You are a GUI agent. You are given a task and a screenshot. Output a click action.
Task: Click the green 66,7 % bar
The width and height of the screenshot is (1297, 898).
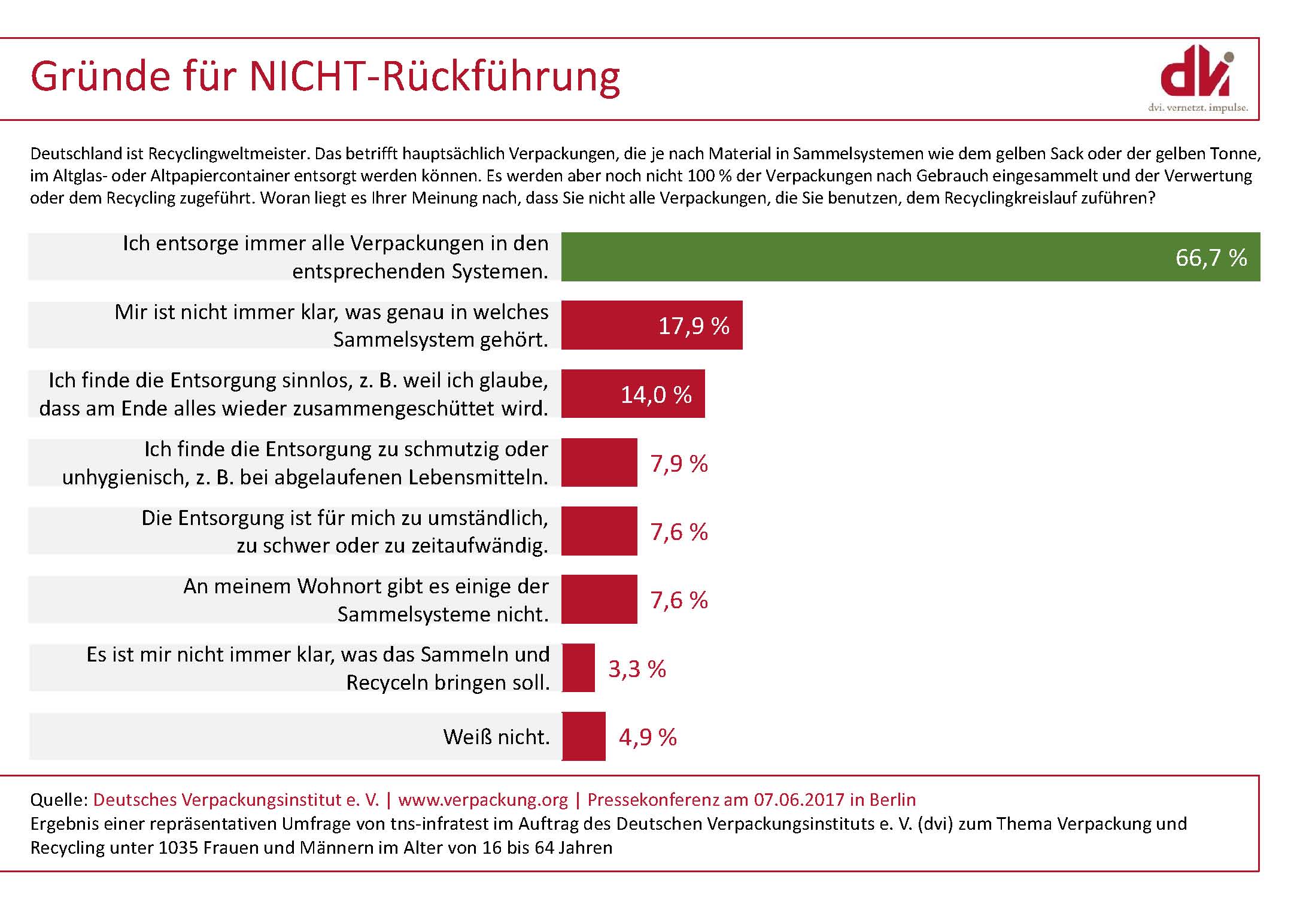coord(910,257)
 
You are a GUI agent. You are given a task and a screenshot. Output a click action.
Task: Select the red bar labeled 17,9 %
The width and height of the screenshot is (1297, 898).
coord(651,325)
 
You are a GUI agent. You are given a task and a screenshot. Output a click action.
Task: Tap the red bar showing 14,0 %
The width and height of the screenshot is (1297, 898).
coord(633,394)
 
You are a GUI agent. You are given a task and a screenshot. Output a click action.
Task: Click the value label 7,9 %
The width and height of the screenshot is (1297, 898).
coord(679,463)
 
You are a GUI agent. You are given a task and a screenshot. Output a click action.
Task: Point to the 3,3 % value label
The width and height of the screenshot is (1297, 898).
coord(637,669)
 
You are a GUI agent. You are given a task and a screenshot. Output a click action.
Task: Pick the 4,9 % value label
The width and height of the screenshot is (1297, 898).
coord(648,737)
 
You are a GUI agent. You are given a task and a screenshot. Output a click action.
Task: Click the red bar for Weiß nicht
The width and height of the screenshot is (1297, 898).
coord(584,736)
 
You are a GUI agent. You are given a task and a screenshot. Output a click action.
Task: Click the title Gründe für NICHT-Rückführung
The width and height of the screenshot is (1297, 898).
coord(325,77)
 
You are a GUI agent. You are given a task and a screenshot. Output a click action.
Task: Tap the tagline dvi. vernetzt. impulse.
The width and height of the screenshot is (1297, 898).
coord(1198,108)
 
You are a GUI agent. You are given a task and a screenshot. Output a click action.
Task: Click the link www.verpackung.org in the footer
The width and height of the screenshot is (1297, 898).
coord(483,800)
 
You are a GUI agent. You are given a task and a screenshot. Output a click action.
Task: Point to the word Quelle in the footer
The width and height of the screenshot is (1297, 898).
coord(59,800)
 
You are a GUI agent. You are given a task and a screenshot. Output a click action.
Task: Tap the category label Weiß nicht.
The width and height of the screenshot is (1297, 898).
coord(496,736)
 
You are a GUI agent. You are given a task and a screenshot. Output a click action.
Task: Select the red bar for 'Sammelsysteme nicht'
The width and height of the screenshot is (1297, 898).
coord(599,599)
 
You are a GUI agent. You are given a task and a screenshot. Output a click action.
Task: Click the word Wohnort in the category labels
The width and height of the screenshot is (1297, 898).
coord(335,586)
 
